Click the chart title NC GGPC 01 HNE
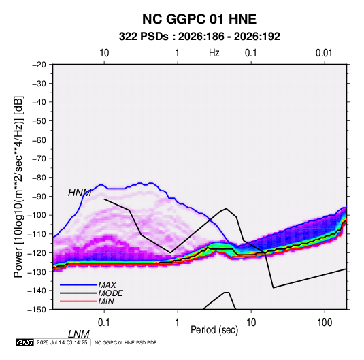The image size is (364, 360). [199, 19]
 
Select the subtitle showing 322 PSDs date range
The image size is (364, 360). [199, 37]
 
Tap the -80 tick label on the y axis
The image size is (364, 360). [39, 178]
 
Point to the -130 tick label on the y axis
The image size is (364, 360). [37, 272]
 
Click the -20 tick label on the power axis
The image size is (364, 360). [39, 65]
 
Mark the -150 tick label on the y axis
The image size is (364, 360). [37, 310]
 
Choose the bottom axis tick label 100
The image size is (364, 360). [325, 323]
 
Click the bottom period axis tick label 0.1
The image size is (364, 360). [104, 323]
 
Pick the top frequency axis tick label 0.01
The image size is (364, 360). [324, 53]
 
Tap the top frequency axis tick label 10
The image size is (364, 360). [104, 53]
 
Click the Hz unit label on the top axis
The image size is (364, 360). [214, 53]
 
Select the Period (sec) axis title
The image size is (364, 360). [214, 330]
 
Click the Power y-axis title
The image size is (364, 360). [18, 186]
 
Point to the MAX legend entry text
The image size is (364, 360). [107, 285]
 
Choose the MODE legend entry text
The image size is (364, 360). [110, 293]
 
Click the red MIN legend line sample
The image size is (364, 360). [78, 301]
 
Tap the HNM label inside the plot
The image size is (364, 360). [80, 193]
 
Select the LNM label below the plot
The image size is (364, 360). [79, 334]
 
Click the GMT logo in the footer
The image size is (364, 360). [25, 342]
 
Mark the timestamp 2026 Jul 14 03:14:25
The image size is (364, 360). [62, 342]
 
